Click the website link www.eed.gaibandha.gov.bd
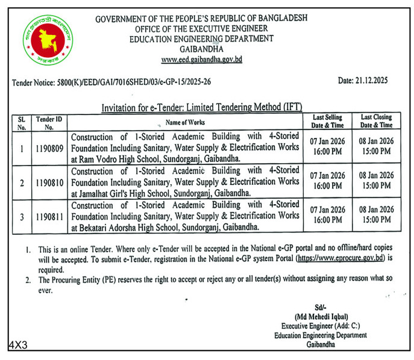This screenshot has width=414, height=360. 201,60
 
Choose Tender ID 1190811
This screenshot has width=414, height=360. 48,216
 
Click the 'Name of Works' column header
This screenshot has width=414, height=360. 186,122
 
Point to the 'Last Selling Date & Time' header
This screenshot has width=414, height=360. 328,121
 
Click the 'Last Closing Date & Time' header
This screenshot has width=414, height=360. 377,121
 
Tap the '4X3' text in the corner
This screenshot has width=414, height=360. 18,345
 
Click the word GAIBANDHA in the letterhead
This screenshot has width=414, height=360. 201,49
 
